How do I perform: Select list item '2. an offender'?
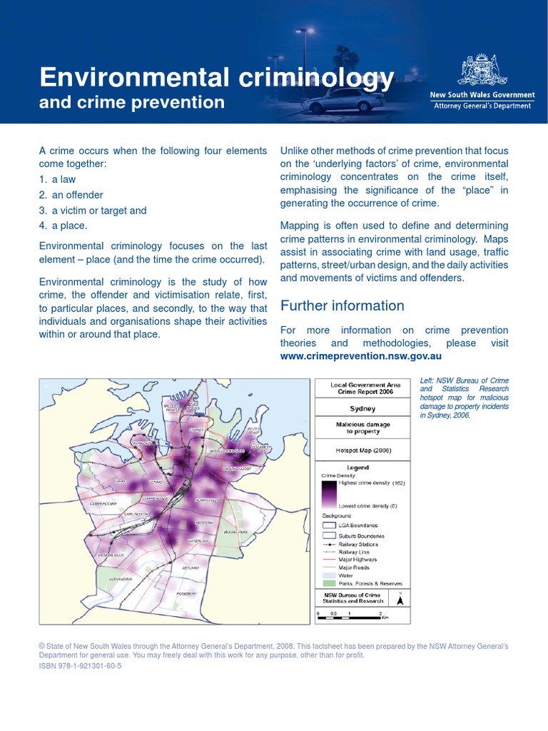(x=71, y=195)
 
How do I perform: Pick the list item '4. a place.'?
(x=64, y=226)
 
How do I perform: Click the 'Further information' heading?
(x=342, y=306)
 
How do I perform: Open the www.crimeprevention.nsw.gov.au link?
(x=361, y=356)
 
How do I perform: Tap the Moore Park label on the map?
(x=235, y=533)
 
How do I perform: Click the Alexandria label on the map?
(x=120, y=579)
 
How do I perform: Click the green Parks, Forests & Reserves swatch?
(x=328, y=583)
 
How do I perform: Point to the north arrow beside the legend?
(x=400, y=600)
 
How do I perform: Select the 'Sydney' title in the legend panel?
(x=362, y=410)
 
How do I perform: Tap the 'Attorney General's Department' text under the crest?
(x=482, y=106)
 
